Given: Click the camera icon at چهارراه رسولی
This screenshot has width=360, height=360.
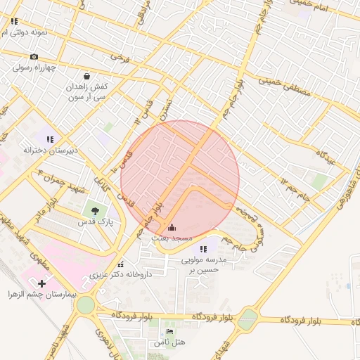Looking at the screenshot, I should click(34, 57).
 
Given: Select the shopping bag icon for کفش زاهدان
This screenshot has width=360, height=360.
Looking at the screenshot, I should click(86, 76).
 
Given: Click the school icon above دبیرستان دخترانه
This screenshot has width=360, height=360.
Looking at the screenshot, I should click(50, 139).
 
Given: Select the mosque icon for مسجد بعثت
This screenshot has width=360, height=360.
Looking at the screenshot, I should click(173, 227).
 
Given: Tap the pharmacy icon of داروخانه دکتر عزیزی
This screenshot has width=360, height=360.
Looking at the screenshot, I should click(121, 265).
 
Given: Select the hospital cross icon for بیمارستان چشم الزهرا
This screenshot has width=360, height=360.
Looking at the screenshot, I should click(41, 283).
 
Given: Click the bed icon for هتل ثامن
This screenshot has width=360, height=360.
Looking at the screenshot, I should click(169, 331).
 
